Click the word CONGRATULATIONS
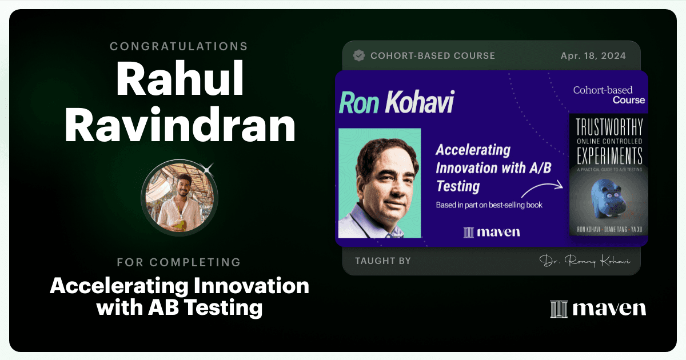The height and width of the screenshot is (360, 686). pos(179,46)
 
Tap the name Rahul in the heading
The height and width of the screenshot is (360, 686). pos(180,79)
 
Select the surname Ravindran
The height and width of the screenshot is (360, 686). pos(180,125)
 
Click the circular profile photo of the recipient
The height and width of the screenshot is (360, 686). pos(180,198)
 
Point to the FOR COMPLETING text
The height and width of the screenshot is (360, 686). pos(179,262)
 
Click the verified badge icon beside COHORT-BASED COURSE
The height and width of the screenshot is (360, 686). pos(359,55)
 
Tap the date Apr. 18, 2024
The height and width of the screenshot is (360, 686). pos(593,56)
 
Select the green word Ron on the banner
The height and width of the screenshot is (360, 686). pos(360,102)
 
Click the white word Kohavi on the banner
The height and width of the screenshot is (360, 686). pos(420,102)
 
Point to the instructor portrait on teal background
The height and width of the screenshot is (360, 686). pos(380,183)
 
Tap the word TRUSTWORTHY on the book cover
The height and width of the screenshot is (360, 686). pos(609,127)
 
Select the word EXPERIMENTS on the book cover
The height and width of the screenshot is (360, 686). pos(609,155)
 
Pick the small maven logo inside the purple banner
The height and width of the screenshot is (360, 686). pos(492,233)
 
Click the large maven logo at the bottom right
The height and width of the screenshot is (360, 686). pos(598,309)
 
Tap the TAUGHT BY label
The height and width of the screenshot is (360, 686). pos(383,261)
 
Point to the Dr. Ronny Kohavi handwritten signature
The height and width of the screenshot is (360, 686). pos(585,261)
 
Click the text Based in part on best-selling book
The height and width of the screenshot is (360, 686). pos(489,205)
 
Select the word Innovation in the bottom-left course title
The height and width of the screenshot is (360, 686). pos(251,286)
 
